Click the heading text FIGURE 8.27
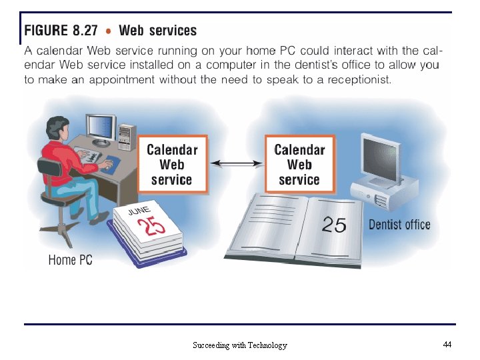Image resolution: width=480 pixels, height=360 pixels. (61, 31)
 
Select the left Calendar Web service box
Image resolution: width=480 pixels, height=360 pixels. (171, 165)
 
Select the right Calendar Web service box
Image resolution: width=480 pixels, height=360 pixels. (299, 165)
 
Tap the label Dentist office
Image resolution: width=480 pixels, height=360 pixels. (399, 225)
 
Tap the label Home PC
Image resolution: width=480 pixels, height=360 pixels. (70, 260)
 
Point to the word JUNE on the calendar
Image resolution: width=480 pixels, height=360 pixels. (139, 211)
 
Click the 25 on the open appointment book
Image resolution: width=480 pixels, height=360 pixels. (334, 225)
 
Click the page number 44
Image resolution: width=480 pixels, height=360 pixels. (447, 345)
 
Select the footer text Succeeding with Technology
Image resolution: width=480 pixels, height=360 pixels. (239, 345)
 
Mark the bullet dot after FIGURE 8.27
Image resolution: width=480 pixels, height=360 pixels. (108, 31)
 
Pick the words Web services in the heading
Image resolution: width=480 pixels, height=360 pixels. (157, 31)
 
